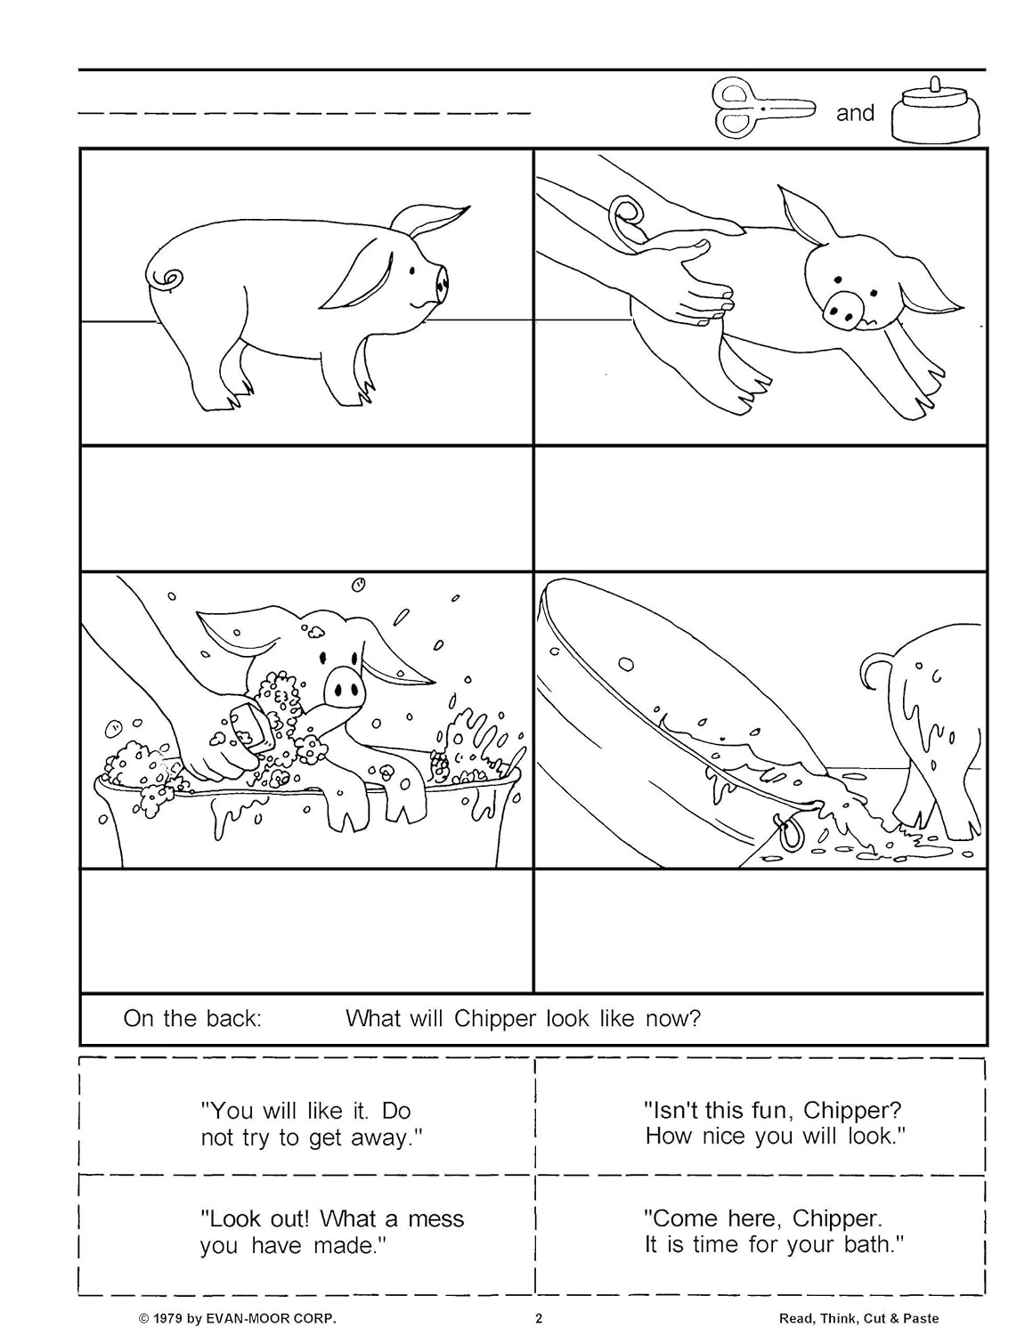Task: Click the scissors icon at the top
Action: pos(764,109)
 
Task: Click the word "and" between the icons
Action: pos(855,113)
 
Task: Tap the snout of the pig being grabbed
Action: pos(842,307)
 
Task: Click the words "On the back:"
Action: pos(192,1018)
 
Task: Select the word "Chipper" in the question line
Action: pos(495,1018)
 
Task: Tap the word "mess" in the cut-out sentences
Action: pos(435,1218)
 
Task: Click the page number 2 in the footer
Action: pos(538,1319)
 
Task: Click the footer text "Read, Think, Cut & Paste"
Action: pos(858,1319)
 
